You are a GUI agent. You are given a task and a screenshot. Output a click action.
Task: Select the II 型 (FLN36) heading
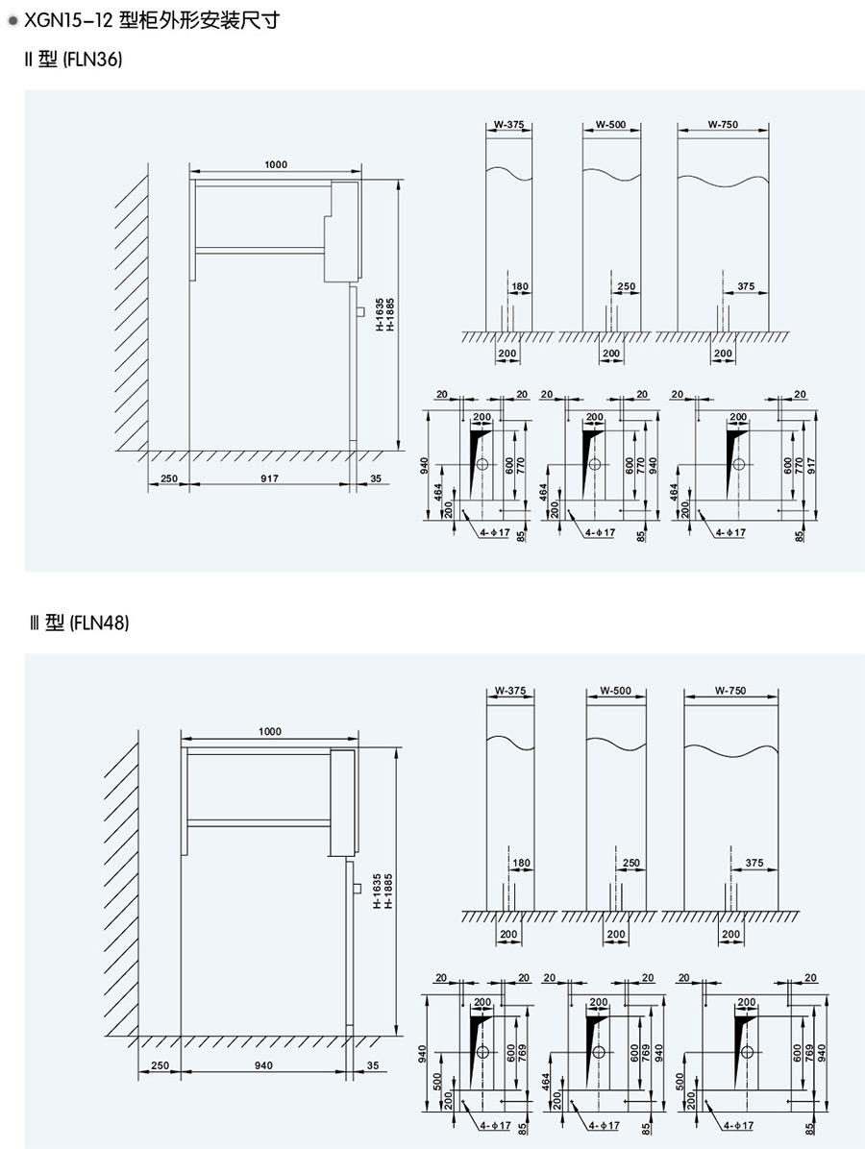(75, 60)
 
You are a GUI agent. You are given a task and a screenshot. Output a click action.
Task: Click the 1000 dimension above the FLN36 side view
(276, 165)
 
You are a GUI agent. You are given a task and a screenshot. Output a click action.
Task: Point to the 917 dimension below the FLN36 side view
(269, 477)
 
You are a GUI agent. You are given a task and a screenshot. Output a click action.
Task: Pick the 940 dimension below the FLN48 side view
(264, 1064)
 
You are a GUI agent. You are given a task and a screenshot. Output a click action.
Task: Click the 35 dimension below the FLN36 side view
(374, 477)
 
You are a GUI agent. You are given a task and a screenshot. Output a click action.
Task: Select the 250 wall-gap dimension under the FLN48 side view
(160, 1064)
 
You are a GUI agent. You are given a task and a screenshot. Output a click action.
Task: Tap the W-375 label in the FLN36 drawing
(508, 124)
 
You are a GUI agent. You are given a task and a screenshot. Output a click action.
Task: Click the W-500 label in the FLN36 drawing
(611, 124)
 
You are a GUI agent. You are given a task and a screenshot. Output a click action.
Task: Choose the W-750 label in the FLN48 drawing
(730, 691)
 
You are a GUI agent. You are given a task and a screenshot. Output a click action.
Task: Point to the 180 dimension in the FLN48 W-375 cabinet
(521, 864)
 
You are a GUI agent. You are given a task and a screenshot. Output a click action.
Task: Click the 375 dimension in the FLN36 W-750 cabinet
(747, 286)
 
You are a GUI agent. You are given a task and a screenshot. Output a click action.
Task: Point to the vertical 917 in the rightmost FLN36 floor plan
(810, 465)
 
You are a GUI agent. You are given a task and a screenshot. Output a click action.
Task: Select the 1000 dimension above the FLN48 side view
(271, 732)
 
